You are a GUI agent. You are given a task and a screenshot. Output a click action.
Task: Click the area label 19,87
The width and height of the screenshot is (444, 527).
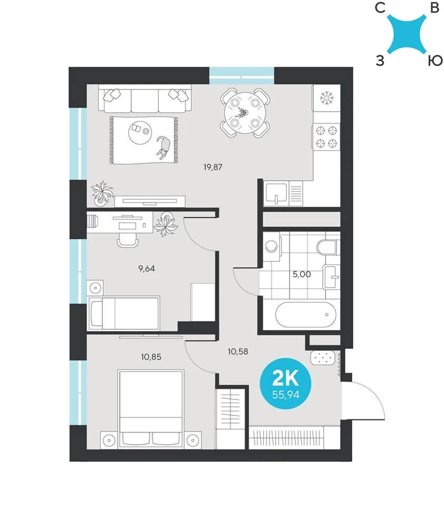(x=213, y=167)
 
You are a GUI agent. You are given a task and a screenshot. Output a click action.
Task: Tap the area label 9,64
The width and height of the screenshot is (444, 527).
(x=147, y=269)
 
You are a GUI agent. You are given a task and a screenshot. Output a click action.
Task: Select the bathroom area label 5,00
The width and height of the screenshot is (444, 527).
(x=302, y=274)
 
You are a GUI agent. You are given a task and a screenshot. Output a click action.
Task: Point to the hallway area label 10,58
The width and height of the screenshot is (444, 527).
(x=238, y=352)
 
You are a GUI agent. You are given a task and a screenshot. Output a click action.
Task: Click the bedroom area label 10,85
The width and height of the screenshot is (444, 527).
(x=151, y=357)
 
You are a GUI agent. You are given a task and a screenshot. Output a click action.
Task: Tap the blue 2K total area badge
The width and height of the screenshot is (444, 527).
(x=286, y=384)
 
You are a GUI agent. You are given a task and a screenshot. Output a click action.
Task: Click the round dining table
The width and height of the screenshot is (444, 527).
(x=245, y=113)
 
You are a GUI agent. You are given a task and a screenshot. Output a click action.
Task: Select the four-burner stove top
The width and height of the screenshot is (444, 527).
(x=326, y=137)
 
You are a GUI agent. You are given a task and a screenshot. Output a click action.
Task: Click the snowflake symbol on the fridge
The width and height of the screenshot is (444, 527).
(x=326, y=97)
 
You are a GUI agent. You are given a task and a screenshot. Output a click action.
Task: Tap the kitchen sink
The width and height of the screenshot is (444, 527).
(x=276, y=194)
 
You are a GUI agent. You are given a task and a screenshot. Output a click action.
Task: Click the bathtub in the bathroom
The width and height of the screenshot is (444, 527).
(x=306, y=315)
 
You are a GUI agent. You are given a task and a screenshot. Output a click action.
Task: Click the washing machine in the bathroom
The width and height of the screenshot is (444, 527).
(x=272, y=247)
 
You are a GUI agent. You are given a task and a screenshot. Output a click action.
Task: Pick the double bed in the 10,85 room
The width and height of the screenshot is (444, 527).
(x=151, y=409)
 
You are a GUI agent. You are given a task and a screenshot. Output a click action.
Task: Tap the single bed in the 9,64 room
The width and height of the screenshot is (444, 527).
(x=123, y=313)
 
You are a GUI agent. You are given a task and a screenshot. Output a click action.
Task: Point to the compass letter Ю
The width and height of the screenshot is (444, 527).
(x=435, y=61)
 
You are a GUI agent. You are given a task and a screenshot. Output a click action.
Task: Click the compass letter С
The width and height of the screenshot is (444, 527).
(x=380, y=7)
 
